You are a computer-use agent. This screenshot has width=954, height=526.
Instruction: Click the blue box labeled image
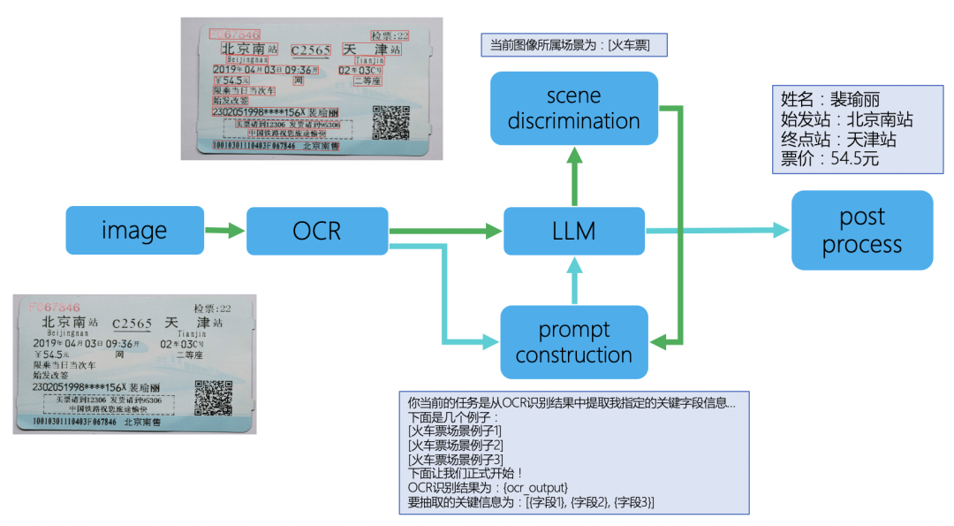coord(134,231)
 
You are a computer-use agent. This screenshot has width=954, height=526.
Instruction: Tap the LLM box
coord(574,231)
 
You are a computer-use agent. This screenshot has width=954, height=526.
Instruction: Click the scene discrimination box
coord(574,109)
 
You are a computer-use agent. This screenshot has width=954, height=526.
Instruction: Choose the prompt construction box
coord(574,342)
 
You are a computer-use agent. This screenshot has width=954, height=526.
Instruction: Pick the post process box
coord(861,231)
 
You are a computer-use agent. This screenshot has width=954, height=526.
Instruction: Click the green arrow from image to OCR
coord(224,231)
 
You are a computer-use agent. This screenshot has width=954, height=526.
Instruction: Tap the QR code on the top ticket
coord(390,122)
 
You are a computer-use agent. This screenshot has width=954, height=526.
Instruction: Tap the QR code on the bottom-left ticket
coord(213,398)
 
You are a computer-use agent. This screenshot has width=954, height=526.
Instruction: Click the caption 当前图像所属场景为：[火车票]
coord(571,45)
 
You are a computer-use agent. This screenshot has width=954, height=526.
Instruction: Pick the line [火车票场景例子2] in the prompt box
coord(455,445)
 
